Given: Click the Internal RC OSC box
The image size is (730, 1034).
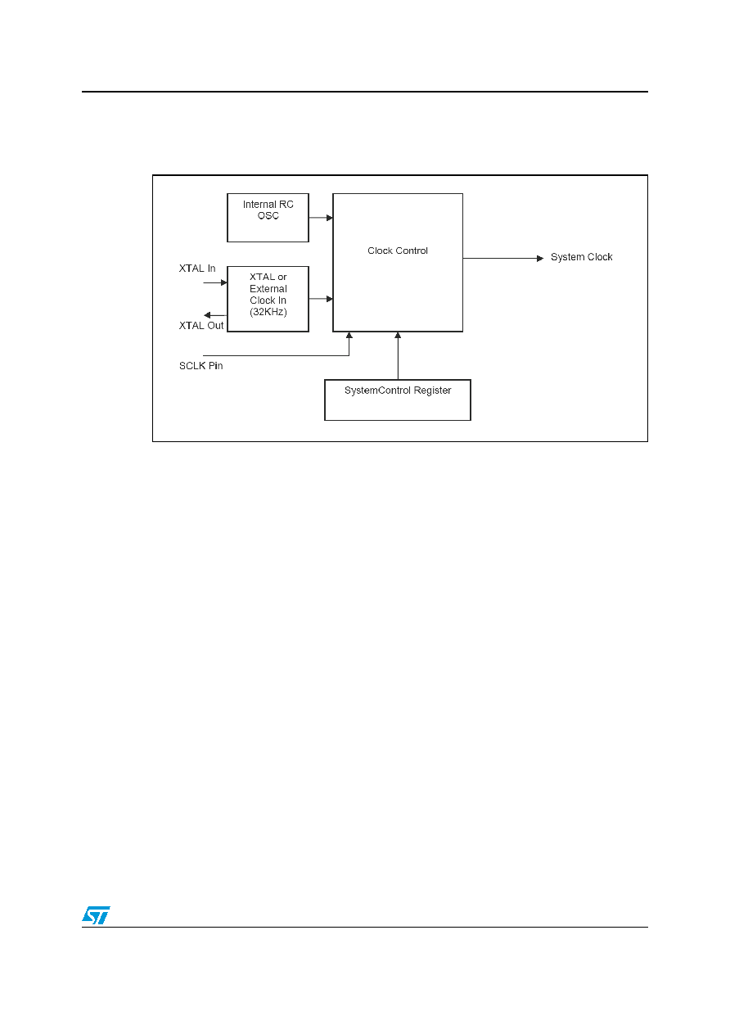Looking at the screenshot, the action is point(268,218).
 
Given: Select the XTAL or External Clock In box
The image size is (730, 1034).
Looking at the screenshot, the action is point(268,299).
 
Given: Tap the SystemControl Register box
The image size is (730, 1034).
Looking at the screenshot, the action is point(397,400).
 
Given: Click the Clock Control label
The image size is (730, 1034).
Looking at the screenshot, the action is point(397,251).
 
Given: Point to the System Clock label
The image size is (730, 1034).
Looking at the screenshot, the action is point(581,256).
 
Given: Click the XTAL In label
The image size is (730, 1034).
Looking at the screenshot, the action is point(197,269).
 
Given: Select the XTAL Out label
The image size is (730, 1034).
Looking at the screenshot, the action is point(201,326).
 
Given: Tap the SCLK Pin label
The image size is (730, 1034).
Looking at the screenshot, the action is point(201,366).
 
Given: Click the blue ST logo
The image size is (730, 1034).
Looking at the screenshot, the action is point(96,915).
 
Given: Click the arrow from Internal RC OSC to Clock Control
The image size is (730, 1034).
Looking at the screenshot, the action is point(321,218).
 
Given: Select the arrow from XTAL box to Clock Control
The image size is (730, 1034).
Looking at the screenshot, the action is point(321,299).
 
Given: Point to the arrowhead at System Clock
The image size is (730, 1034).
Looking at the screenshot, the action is point(540,258).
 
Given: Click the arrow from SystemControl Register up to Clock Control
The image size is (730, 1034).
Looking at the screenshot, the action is point(398,355).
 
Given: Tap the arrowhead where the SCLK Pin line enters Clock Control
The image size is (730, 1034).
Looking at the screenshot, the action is point(349,335).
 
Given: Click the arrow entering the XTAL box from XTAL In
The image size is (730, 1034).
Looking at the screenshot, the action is point(215,282).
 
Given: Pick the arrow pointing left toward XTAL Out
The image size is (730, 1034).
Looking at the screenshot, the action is point(215,315).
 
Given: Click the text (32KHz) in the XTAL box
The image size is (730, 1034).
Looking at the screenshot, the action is point(268,312).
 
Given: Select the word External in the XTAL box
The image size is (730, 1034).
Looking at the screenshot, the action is point(268,288).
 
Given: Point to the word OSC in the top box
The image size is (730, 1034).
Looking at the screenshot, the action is point(268,215).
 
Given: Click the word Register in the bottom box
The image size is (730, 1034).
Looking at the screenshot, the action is point(432,391).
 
